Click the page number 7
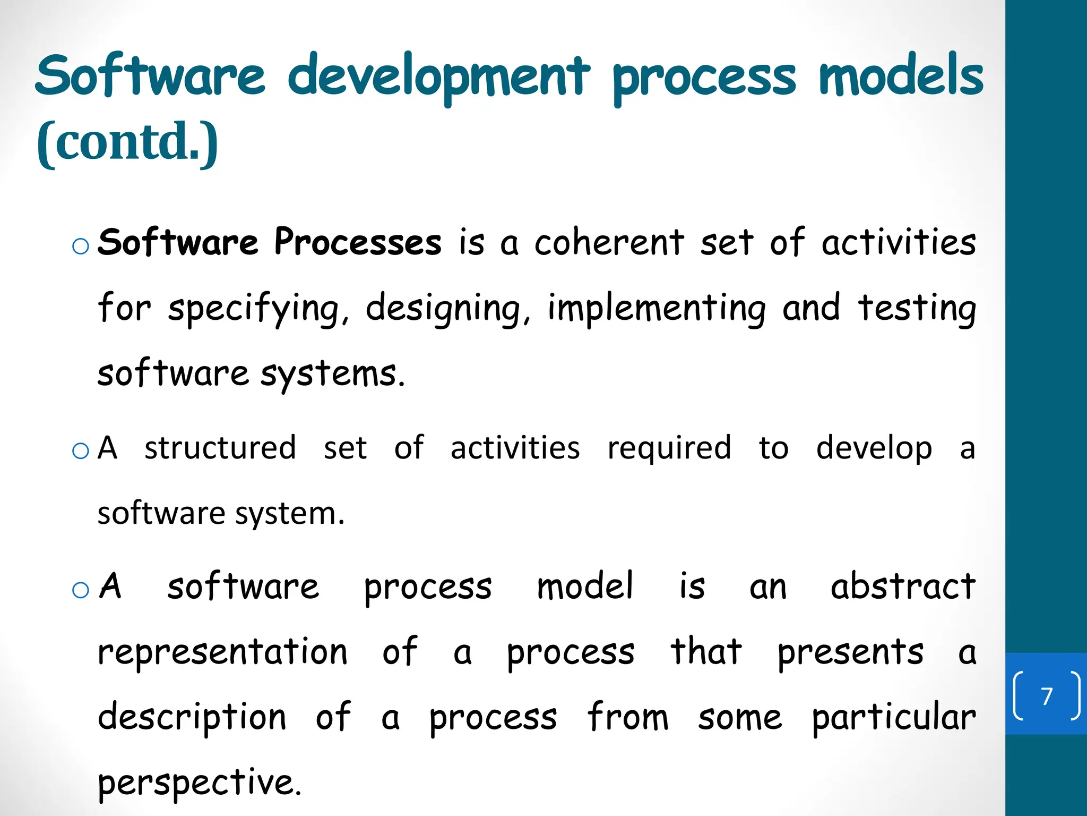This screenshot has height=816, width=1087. tap(1047, 696)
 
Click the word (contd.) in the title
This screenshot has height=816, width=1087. tap(127, 142)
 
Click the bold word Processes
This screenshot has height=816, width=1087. tap(358, 242)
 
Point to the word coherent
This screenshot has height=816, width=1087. tap(609, 242)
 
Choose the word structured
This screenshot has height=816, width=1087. tap(220, 448)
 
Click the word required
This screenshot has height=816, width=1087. tap(669, 448)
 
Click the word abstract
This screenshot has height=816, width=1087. tap(903, 586)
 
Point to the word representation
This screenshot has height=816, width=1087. tap(222, 652)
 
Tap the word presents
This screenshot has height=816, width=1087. tap(850, 653)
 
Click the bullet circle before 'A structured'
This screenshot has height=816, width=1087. tap(81, 452)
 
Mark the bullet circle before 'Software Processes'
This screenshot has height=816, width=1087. tap(81, 246)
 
